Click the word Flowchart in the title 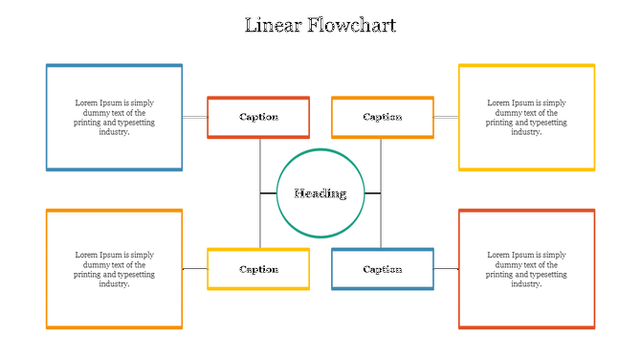click(351, 26)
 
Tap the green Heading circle click(320, 193)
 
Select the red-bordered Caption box click(258, 117)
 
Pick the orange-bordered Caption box click(383, 117)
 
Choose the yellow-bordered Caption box click(258, 269)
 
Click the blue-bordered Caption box click(383, 269)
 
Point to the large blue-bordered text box click(114, 118)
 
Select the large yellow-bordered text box click(526, 118)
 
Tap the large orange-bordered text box click(114, 269)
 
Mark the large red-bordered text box click(526, 269)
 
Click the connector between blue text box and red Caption click(195, 117)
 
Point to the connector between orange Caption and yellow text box click(446, 117)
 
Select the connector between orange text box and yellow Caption click(195, 269)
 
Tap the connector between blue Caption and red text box click(446, 269)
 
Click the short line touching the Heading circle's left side click(268, 193)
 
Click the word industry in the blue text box click(113, 132)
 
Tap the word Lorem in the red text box click(498, 256)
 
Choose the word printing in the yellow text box click(500, 123)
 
